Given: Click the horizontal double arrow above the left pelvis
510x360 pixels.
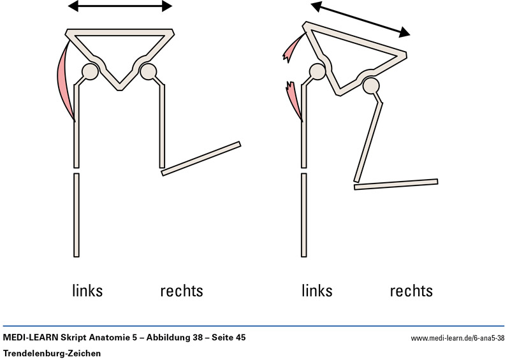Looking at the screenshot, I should point(120,6).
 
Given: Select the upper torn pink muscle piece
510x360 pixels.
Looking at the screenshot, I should point(295,48).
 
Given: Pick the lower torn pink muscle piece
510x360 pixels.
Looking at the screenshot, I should point(294,99).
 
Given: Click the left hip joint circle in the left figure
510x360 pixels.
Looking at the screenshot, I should point(90,71).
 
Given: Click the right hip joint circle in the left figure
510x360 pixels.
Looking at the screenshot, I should point(148,71).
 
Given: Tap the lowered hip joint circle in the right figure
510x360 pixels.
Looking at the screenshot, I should point(371,85).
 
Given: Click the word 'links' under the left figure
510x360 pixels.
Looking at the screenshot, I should point(87,291).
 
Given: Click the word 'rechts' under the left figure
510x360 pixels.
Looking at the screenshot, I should point(181,291).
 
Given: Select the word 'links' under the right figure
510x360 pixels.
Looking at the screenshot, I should point(317,291).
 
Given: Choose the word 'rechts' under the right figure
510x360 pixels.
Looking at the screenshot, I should point(411,291).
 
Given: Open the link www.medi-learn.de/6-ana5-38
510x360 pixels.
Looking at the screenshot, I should point(458,338).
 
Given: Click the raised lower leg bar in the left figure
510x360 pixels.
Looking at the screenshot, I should point(201,158).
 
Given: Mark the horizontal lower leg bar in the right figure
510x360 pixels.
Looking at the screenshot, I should point(396,184).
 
